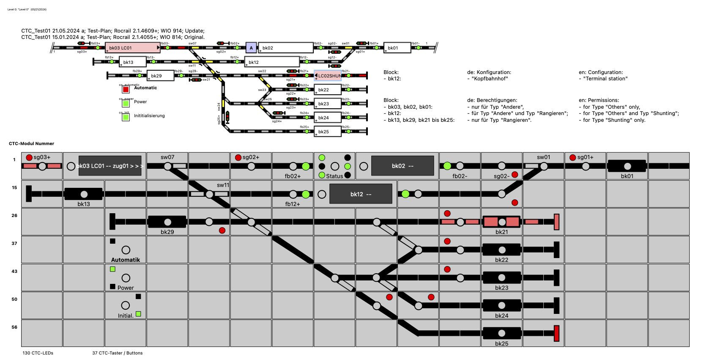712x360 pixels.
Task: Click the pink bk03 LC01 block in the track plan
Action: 132,48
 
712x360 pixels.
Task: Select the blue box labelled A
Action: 251,48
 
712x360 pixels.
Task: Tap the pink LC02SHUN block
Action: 329,76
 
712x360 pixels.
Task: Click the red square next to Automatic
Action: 126,90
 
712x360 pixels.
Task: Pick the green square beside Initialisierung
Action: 126,117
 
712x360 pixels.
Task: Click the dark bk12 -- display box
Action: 361,194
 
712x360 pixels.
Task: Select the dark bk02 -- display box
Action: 402,166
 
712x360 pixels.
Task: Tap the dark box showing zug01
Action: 110,166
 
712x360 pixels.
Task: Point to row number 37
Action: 14,243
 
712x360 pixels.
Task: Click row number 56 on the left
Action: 14,327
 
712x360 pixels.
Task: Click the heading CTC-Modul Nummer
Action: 32,144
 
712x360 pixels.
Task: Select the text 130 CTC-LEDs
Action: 38,353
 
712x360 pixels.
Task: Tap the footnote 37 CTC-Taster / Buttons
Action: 118,353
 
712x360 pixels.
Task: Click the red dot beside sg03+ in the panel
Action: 29,157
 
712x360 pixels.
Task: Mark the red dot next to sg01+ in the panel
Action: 572,157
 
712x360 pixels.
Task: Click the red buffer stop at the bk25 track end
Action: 556,333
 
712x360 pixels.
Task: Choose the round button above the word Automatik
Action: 126,250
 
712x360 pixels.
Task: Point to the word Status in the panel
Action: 334,176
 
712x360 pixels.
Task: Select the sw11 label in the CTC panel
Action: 223,185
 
